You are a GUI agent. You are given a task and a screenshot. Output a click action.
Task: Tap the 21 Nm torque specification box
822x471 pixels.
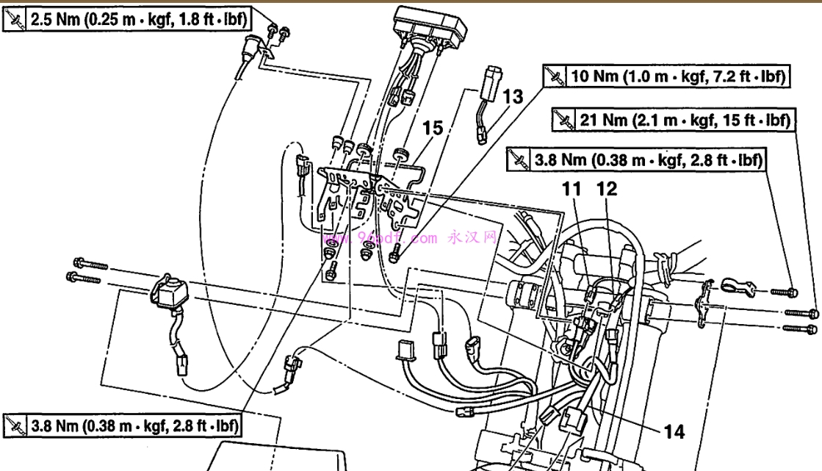click(x=673, y=119)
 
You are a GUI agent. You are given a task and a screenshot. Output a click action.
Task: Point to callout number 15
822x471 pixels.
click(x=433, y=129)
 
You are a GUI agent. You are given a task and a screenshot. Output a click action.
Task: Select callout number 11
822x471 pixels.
click(x=572, y=190)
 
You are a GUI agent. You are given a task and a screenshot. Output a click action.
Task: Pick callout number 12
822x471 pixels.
click(x=607, y=190)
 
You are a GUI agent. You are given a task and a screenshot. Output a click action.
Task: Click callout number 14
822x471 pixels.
click(x=674, y=431)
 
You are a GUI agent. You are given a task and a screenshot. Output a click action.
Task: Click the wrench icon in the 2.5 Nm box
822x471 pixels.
click(x=15, y=21)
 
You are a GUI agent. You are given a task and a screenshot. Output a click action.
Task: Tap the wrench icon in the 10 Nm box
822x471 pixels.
click(x=554, y=76)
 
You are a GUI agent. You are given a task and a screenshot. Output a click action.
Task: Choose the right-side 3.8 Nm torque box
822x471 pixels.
click(x=636, y=158)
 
